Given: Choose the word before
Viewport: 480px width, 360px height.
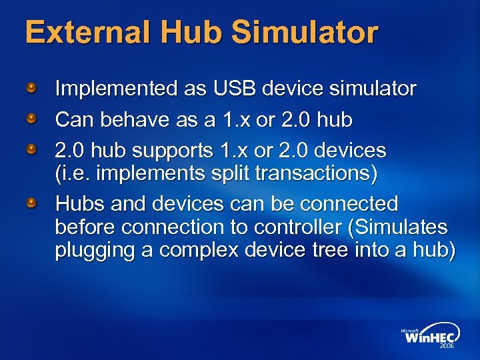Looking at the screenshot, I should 87,228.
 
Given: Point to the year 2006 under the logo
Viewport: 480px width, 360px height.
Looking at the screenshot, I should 446,347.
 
